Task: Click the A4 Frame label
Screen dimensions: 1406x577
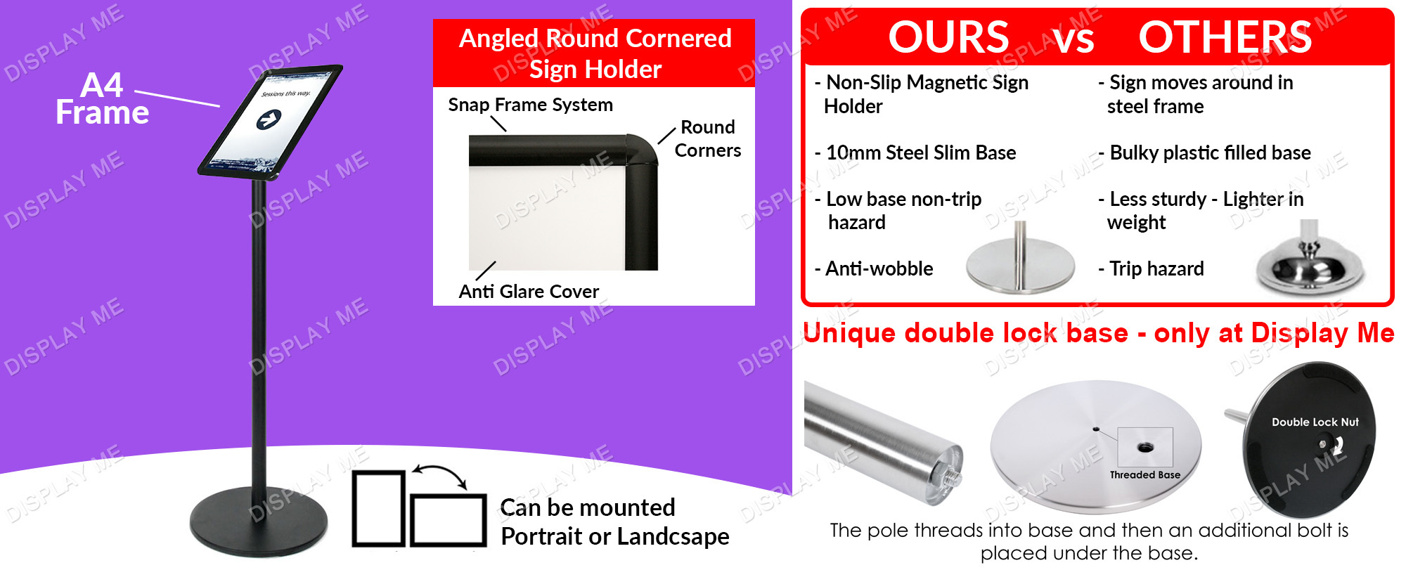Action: [x=103, y=99]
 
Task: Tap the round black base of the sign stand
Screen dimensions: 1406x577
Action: [x=259, y=521]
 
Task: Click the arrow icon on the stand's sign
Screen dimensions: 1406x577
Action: [x=269, y=120]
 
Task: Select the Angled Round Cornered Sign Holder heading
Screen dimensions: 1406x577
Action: [x=595, y=53]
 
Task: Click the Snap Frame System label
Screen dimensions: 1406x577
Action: [x=531, y=105]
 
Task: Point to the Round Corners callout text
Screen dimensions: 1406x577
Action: [x=708, y=138]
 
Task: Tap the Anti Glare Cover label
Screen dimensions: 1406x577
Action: [x=529, y=291]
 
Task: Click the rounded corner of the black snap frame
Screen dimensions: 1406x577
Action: [x=641, y=149]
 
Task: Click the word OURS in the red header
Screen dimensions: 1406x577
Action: [x=948, y=37]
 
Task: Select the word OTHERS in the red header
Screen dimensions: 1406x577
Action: [x=1225, y=37]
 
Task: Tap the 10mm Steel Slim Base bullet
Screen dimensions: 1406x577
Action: [x=915, y=153]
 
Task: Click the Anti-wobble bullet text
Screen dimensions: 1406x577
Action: [x=874, y=268]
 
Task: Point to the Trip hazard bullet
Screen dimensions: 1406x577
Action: [x=1152, y=268]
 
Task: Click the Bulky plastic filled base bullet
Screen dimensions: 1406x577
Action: [x=1205, y=153]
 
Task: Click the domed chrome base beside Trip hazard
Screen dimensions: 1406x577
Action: [x=1309, y=261]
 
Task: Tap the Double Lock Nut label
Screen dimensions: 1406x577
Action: [x=1315, y=422]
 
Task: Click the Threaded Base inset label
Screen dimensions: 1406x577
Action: [x=1145, y=475]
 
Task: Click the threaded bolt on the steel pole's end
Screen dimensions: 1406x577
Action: [x=955, y=474]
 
